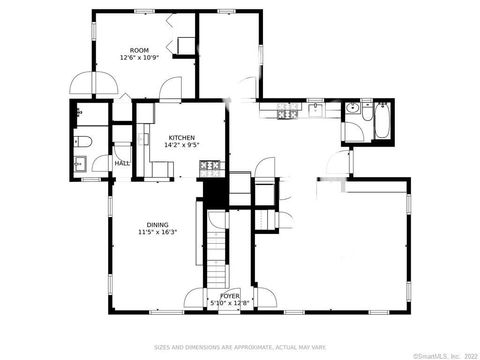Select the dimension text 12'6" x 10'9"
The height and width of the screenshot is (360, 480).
click(x=139, y=57)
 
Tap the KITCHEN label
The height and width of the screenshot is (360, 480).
click(x=182, y=137)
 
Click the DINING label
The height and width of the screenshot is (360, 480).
click(x=157, y=225)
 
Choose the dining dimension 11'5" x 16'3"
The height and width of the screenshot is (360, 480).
click(x=157, y=233)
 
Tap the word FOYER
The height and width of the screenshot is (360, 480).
click(x=229, y=295)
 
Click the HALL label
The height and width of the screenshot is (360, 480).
click(x=122, y=163)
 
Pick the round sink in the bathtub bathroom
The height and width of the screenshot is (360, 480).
click(x=352, y=109)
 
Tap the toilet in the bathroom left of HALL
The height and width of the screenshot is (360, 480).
click(x=84, y=140)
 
